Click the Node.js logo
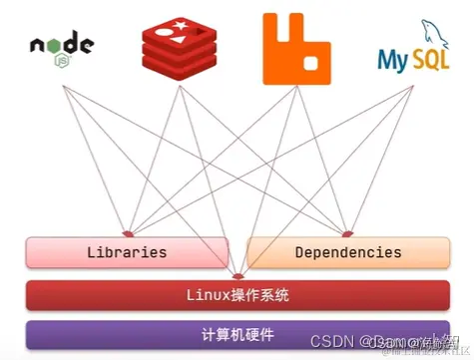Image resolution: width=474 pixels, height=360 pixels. click(x=61, y=46)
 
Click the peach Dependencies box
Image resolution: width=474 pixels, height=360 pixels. click(x=348, y=252)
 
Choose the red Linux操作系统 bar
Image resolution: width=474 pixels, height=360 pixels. click(x=237, y=295)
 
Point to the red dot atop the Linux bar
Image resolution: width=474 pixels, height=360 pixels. click(x=237, y=276)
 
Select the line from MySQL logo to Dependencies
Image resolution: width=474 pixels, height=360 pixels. click(x=380, y=159)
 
